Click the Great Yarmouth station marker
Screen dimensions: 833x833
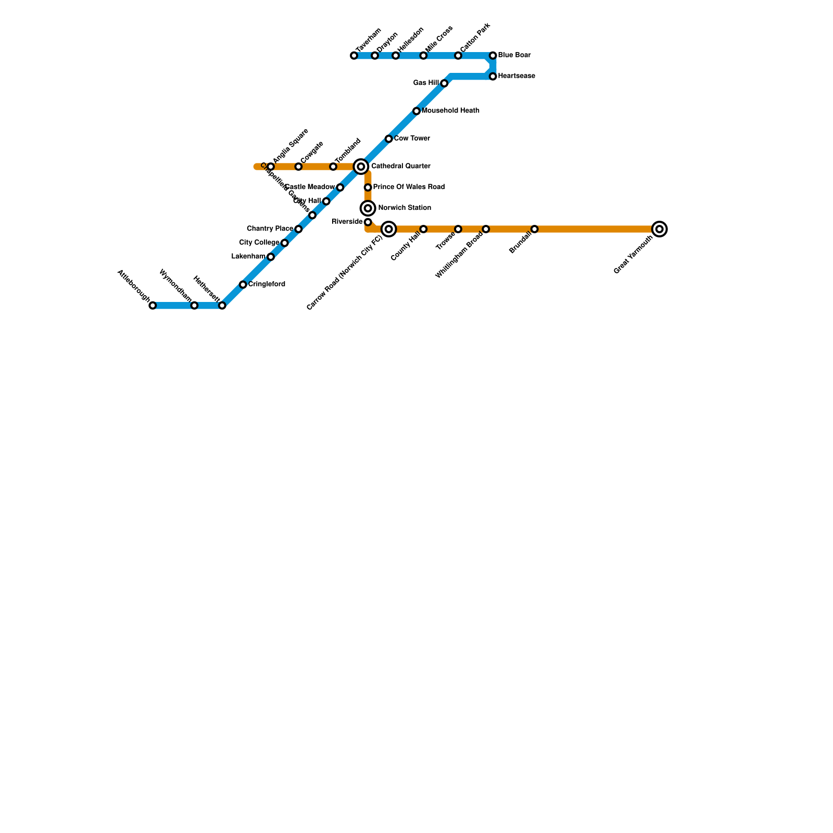click(659, 229)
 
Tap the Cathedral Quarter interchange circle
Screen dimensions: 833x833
click(361, 167)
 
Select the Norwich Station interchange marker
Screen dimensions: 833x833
click(368, 208)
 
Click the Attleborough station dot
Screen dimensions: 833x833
click(153, 306)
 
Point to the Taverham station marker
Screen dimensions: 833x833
click(354, 56)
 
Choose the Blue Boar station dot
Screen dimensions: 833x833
click(493, 56)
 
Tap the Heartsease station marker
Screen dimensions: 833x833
click(493, 77)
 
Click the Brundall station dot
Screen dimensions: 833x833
click(535, 229)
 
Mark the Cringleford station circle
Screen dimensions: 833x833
click(243, 285)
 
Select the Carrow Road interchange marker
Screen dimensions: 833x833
click(389, 229)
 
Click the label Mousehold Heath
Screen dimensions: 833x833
click(450, 111)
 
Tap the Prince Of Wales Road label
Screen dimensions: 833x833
click(409, 187)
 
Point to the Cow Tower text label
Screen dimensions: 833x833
click(412, 138)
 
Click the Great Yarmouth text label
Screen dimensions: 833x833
click(633, 255)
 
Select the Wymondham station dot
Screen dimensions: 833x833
click(194, 306)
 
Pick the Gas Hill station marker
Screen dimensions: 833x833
click(444, 83)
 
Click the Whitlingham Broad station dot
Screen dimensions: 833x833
click(486, 229)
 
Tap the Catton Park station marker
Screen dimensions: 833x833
click(458, 56)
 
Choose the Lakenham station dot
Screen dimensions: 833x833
click(271, 257)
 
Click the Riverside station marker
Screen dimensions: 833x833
click(368, 222)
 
